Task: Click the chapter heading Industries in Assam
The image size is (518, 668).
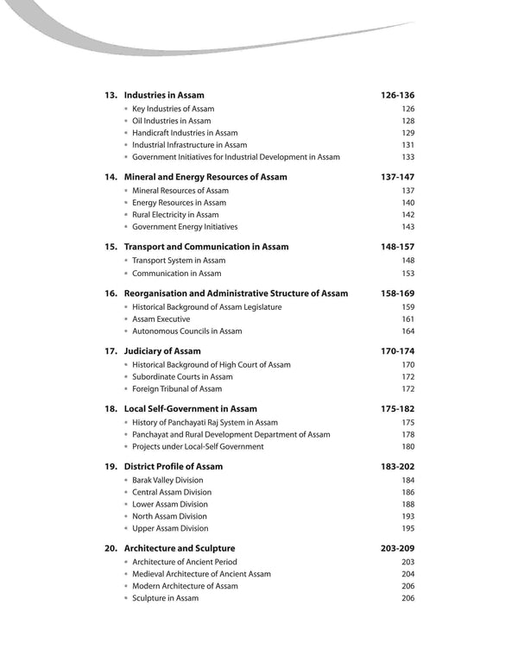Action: pyautogui.click(x=164, y=95)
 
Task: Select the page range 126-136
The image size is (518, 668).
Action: pyautogui.click(x=397, y=95)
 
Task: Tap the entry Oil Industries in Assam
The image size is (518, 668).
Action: pyautogui.click(x=171, y=121)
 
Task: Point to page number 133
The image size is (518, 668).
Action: pyautogui.click(x=407, y=157)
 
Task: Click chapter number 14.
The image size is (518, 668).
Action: pyautogui.click(x=111, y=177)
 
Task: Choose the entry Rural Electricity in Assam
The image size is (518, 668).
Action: pyautogui.click(x=175, y=215)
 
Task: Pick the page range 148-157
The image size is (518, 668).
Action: pyautogui.click(x=397, y=247)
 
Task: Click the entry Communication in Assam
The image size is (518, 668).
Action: pyautogui.click(x=176, y=274)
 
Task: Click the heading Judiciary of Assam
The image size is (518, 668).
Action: pyautogui.click(x=162, y=351)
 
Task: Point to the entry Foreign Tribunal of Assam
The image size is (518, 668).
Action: pyautogui.click(x=177, y=388)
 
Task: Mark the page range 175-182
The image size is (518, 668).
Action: pyautogui.click(x=397, y=409)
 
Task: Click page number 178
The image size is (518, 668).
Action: pyautogui.click(x=407, y=435)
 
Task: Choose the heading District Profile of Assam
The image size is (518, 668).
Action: pyautogui.click(x=174, y=467)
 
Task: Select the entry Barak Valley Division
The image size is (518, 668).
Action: pyautogui.click(x=167, y=480)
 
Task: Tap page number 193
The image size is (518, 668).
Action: pyautogui.click(x=407, y=516)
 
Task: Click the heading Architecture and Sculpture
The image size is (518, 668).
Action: pyautogui.click(x=180, y=548)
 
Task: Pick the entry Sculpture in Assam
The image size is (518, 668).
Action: pyautogui.click(x=165, y=598)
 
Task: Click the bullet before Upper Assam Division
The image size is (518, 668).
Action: pyautogui.click(x=126, y=528)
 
